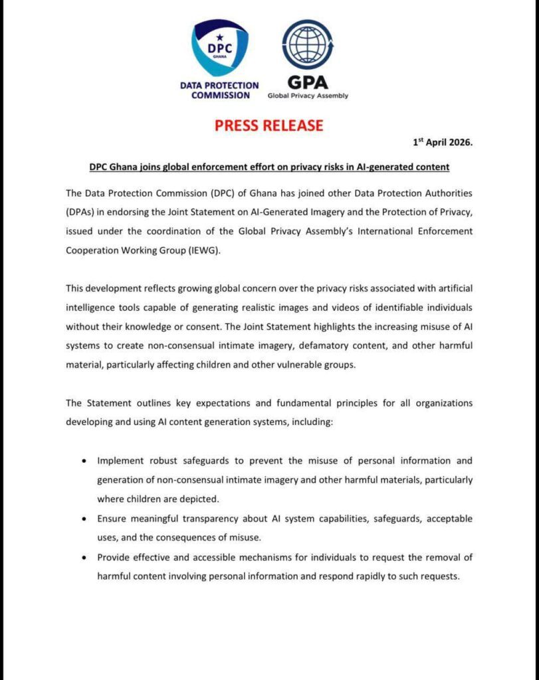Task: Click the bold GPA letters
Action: [307, 82]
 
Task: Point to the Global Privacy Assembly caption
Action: [308, 96]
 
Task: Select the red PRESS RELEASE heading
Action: [269, 125]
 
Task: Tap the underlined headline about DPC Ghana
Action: [270, 167]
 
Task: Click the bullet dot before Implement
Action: [83, 460]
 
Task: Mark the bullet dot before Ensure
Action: [83, 518]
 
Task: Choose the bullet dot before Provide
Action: [83, 557]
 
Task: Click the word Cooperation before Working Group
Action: [92, 251]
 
